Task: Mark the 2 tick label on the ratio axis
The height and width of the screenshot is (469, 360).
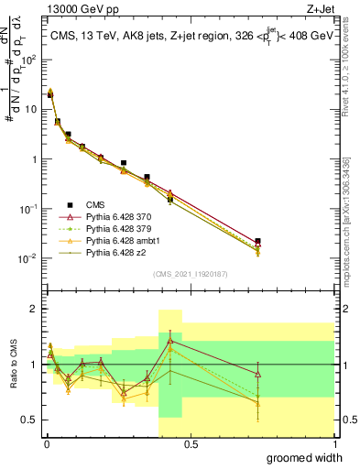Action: coord(32,309)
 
